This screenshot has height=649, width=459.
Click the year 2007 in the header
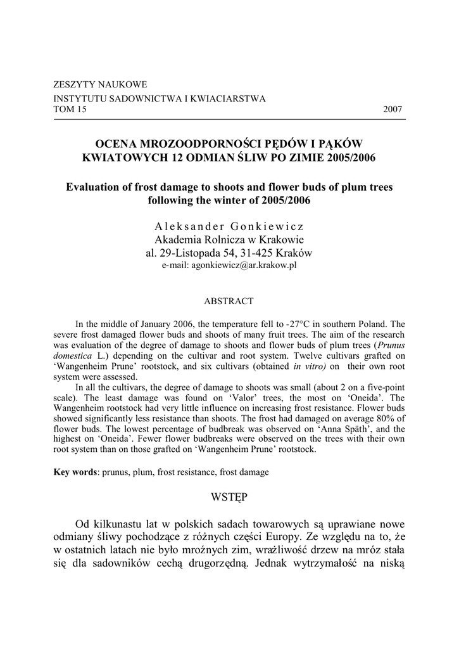coord(393,109)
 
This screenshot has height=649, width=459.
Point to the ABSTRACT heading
coord(229,301)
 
